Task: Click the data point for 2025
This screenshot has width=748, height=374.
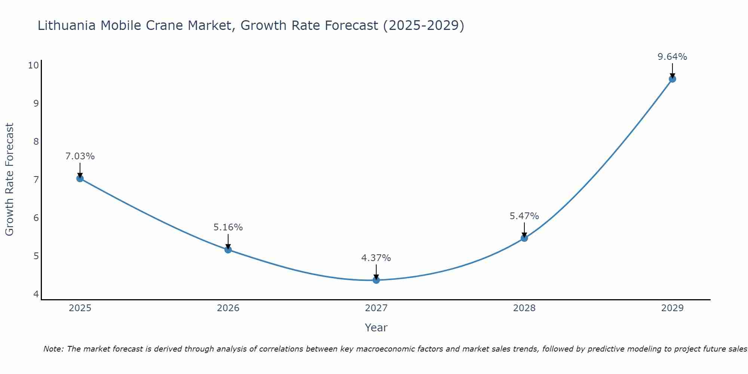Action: coord(80,178)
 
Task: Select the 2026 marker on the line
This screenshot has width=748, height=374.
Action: coord(228,249)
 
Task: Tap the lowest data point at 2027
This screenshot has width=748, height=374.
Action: coord(376,280)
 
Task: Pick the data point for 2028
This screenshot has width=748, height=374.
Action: coord(524,238)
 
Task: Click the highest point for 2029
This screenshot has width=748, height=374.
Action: coord(672,79)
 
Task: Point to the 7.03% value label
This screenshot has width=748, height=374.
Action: coord(80,156)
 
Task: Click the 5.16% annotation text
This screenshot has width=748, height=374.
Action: coord(228,227)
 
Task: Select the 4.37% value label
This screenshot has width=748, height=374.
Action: coord(376,258)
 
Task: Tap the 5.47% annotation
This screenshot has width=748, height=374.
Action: coord(524,216)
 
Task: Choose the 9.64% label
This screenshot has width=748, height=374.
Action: coord(672,57)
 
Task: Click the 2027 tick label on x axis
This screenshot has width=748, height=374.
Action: coord(376,308)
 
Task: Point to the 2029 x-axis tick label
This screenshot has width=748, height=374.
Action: coord(672,308)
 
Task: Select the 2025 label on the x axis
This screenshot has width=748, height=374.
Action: coord(80,308)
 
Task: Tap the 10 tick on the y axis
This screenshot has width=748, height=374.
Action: coord(33,65)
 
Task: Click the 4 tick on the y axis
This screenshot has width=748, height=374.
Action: coord(36,294)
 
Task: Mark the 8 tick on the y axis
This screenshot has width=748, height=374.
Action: coord(36,142)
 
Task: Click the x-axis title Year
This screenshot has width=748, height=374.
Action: coord(376,328)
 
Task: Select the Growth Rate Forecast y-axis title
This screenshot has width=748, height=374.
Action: coord(10,179)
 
